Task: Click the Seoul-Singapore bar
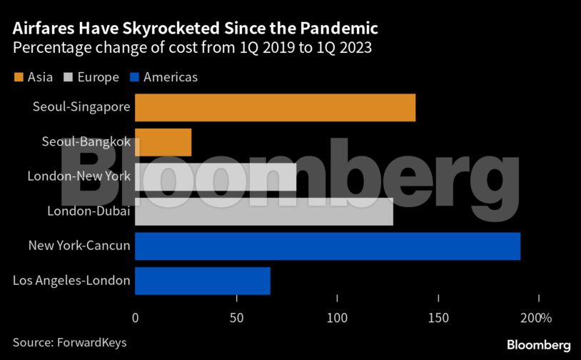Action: point(275,107)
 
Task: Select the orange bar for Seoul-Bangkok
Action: point(163,142)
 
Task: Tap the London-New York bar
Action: point(215,176)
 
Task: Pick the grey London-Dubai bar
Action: point(263,211)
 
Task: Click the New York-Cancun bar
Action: point(327,246)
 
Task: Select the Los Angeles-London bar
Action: point(202,281)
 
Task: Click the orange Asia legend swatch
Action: point(18,77)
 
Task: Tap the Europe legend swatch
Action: point(69,77)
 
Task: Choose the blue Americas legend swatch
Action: point(133,77)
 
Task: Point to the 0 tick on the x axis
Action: point(135,317)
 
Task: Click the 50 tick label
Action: point(236,317)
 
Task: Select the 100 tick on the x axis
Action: point(337,317)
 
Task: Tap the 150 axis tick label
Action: point(438,317)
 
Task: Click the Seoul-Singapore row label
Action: point(81,107)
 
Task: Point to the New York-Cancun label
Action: point(79,246)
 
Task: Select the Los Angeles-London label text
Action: point(71,281)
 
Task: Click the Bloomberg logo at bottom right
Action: point(538,344)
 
